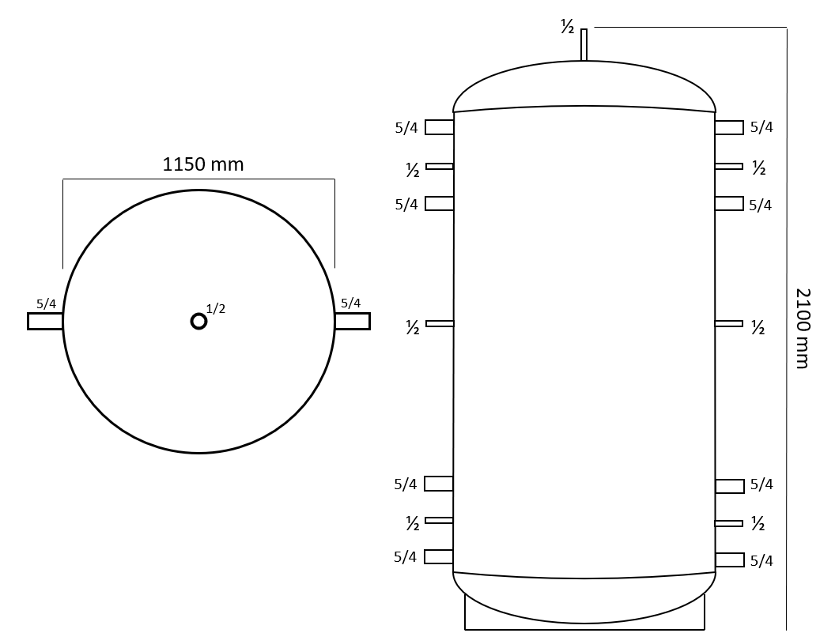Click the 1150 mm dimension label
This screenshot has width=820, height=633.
click(202, 164)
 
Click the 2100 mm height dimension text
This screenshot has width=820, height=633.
click(802, 328)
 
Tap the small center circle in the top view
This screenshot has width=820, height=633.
click(198, 321)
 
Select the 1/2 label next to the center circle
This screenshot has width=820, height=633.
click(216, 309)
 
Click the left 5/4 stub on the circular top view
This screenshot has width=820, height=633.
click(45, 321)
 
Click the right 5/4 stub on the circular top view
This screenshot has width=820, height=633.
click(352, 321)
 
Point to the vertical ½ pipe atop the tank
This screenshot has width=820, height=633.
click(584, 45)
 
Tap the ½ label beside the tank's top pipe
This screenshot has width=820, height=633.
click(567, 28)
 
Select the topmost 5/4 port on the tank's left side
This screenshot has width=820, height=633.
click(439, 127)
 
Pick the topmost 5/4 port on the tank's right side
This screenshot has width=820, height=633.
click(729, 127)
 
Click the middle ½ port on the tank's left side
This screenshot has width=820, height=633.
click(440, 323)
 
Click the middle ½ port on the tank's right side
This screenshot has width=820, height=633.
click(728, 323)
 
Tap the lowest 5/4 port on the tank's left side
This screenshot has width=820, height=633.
click(439, 556)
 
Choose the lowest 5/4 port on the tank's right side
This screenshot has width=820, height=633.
click(729, 560)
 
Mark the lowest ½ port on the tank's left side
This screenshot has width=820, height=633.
click(439, 520)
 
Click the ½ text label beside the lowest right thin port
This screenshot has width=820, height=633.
click(758, 524)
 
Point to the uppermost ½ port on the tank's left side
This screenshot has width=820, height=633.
click(440, 166)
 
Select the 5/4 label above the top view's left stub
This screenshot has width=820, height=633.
click(46, 303)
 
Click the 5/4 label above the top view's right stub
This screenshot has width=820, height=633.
click(350, 303)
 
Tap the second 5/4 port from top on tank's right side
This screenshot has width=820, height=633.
click(729, 203)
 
